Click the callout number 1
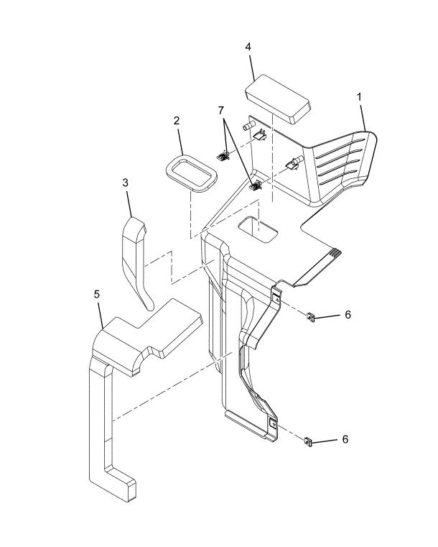tap(358, 96)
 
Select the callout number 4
tap(248, 47)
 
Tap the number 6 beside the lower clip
tap(345, 438)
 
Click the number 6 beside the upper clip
tap(348, 314)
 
